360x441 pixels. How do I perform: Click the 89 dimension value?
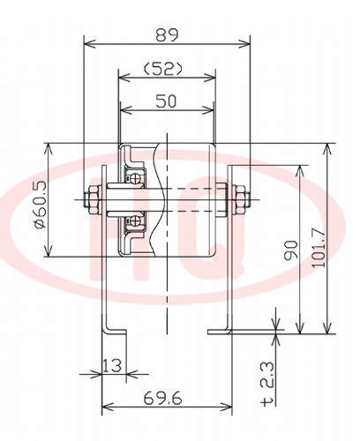167,35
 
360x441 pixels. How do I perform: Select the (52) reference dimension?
163,69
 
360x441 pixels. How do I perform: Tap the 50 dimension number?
166,101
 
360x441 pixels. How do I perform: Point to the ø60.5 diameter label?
41,205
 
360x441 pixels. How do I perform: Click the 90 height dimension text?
291,250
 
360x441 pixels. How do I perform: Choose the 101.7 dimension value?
319,248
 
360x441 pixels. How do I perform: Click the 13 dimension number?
111,365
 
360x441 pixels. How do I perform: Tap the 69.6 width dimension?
162,399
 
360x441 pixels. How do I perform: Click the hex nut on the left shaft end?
94,200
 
